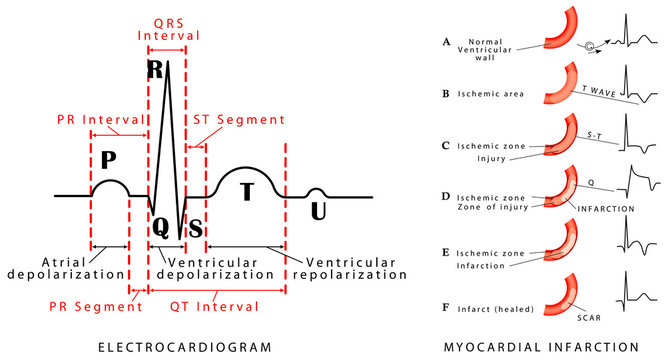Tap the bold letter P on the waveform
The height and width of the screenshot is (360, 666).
tap(110, 161)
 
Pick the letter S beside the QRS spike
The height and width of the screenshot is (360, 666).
tap(196, 227)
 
